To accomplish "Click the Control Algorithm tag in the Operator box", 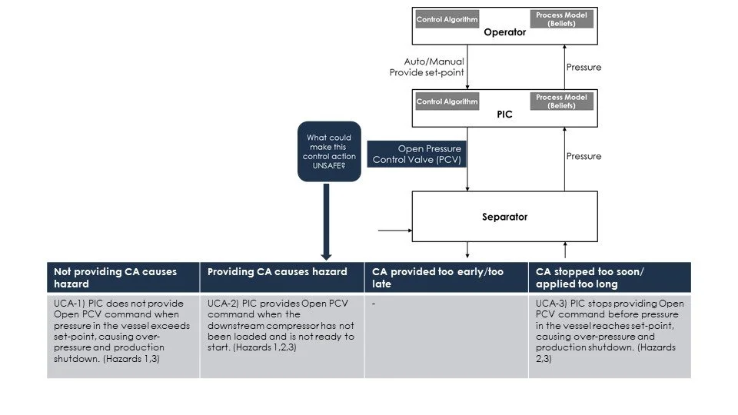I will [x=447, y=19].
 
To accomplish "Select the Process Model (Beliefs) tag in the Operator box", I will [x=560, y=19].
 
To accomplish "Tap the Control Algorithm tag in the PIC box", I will [x=447, y=101].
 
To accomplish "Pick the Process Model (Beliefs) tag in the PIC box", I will [x=560, y=101].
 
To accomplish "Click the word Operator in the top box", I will [x=504, y=32].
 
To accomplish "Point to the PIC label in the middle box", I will [x=504, y=115].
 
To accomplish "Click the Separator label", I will [x=504, y=217].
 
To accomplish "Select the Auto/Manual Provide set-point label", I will [x=429, y=67].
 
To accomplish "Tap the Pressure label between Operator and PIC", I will [x=583, y=67].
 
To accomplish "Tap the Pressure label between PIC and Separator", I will [x=583, y=156].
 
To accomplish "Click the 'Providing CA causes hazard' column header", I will [x=278, y=271].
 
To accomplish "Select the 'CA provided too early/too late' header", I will [x=446, y=277].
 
